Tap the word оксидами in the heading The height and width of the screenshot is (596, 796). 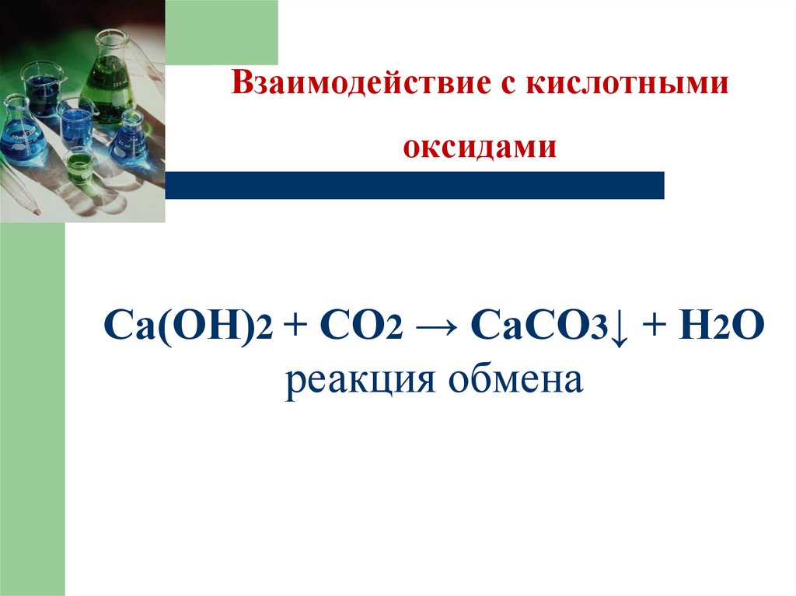(480, 147)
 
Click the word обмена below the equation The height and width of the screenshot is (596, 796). (510, 382)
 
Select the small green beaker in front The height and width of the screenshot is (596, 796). (79, 164)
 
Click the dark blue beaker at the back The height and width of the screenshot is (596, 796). (43, 89)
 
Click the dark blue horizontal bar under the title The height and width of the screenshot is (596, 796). (414, 185)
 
